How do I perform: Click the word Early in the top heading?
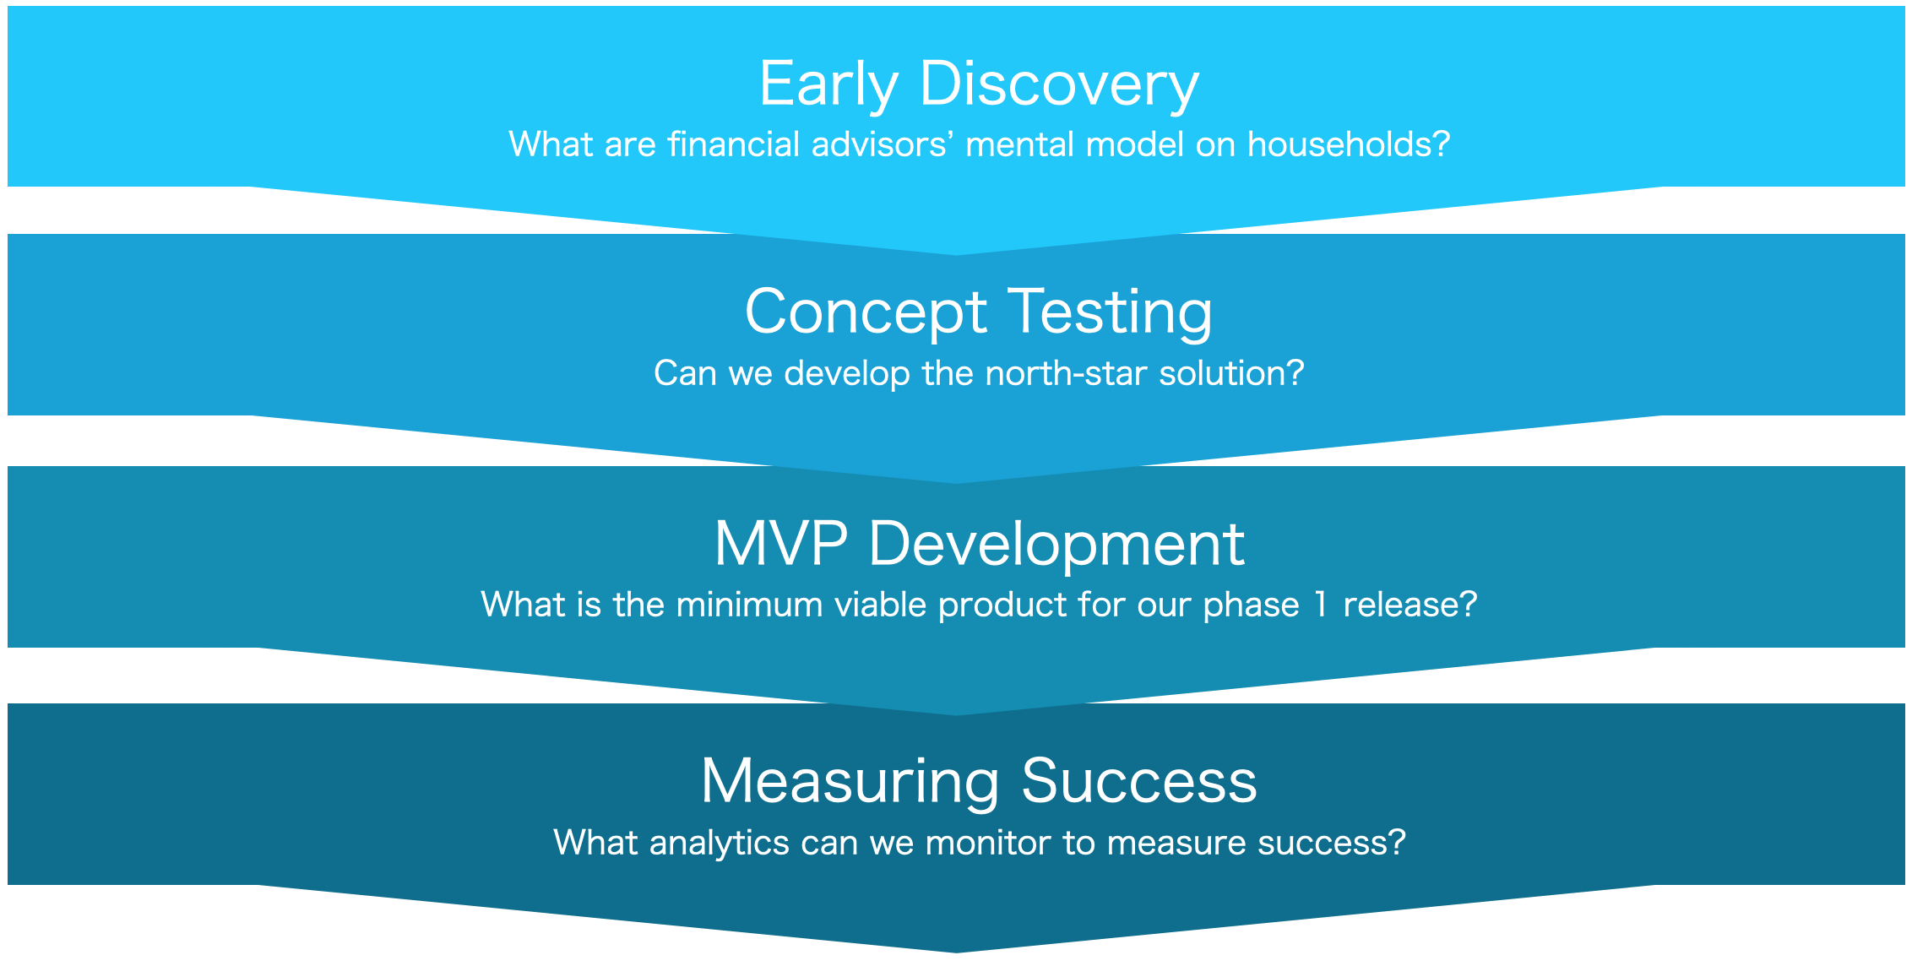point(828,85)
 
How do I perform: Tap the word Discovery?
point(1060,85)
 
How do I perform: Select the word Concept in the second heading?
point(866,313)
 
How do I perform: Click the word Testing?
point(1111,313)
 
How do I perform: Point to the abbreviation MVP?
point(781,543)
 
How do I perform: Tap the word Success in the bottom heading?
point(1139,781)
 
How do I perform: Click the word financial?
point(734,144)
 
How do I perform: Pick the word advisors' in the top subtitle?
point(883,144)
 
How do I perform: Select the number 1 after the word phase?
point(1320,605)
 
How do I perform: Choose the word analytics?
point(720,844)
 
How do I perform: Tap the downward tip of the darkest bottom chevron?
point(957,952)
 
